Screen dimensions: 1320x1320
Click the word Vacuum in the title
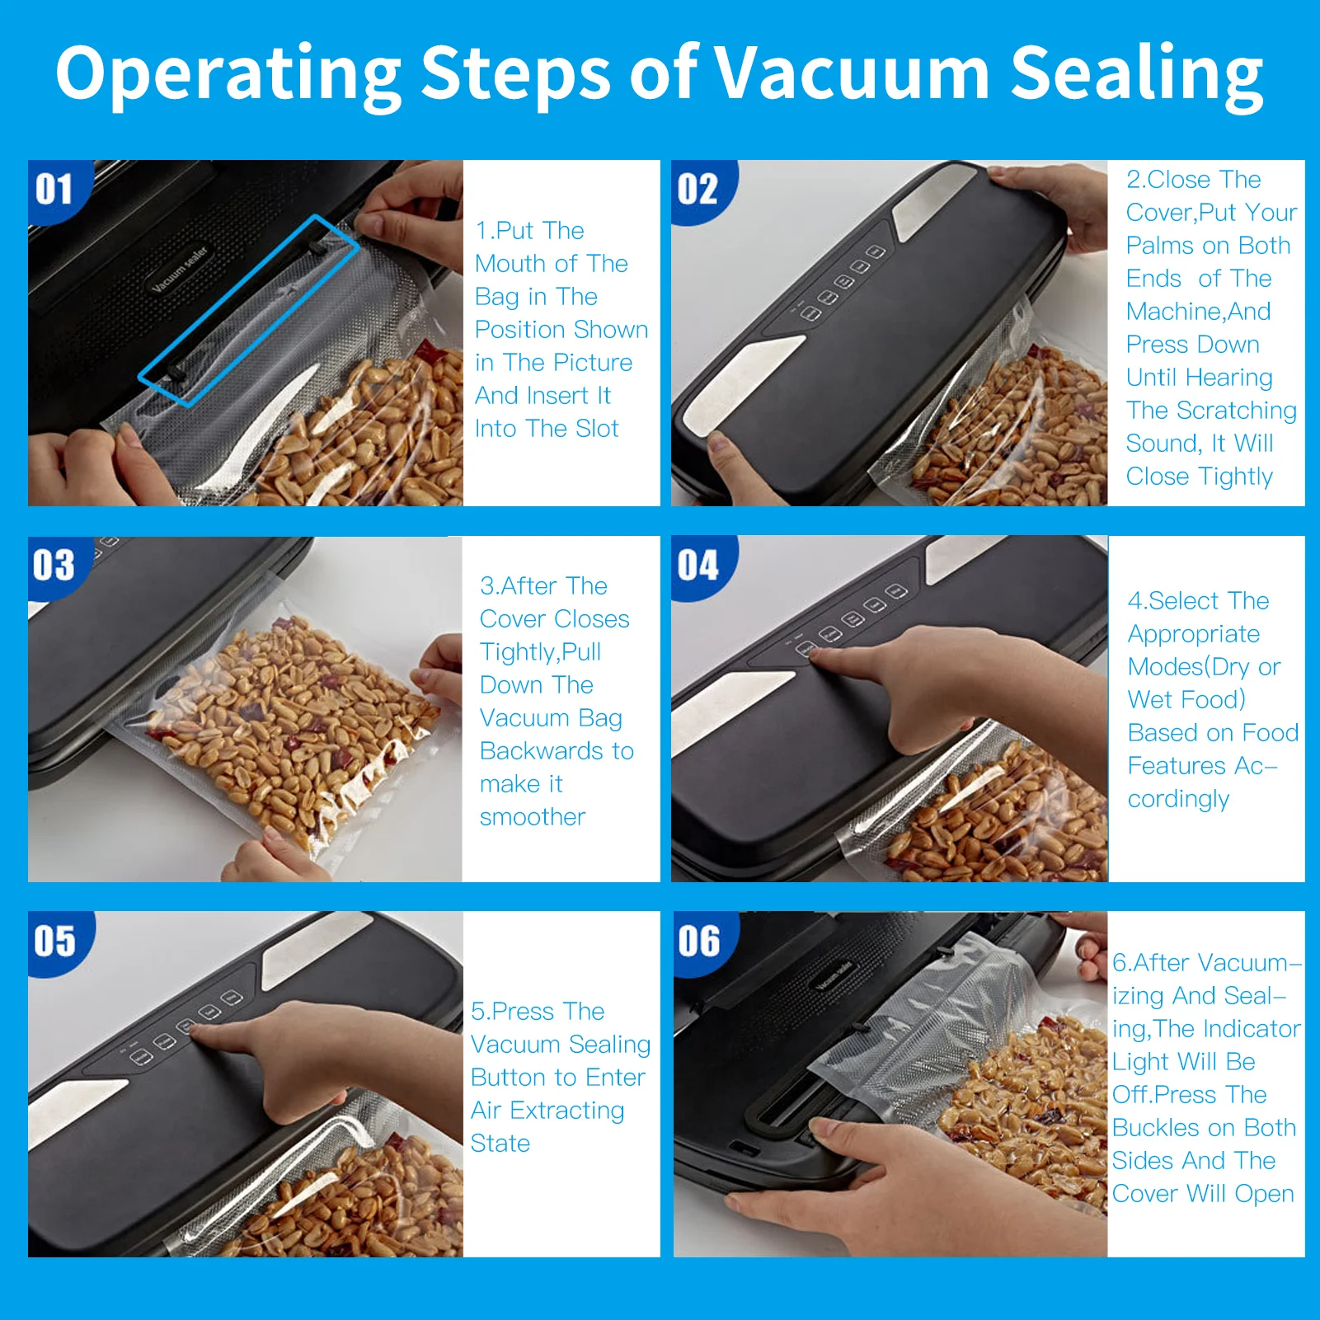(x=851, y=73)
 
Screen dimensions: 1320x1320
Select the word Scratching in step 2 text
(x=1237, y=411)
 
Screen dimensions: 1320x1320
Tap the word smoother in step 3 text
(x=533, y=817)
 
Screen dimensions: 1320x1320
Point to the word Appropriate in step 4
(x=1194, y=635)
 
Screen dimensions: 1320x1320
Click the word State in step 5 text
(x=500, y=1144)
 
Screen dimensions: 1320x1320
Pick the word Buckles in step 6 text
(x=1158, y=1127)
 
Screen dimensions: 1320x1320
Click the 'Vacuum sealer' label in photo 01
(x=180, y=269)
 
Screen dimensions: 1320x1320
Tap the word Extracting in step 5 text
(x=567, y=1111)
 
